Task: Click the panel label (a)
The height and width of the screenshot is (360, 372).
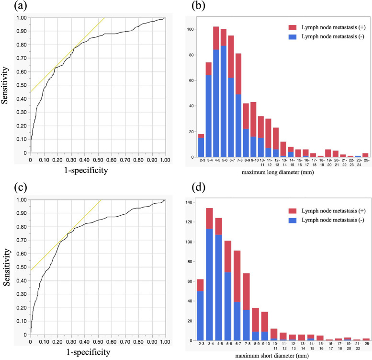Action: click(x=21, y=6)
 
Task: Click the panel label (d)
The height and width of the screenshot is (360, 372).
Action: click(x=198, y=187)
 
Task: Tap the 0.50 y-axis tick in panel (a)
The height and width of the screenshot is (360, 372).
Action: click(x=22, y=85)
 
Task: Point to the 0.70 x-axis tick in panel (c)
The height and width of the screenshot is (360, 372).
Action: click(x=125, y=342)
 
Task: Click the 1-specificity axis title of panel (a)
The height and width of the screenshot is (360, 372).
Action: click(x=86, y=170)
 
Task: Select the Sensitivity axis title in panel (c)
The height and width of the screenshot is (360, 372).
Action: click(x=7, y=267)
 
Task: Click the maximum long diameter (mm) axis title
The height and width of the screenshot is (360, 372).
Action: click(x=278, y=172)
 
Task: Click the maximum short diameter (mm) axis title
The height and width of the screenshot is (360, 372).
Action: click(x=272, y=356)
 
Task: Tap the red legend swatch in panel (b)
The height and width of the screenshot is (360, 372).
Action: click(x=293, y=27)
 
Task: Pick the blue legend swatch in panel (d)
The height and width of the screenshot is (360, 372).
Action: click(x=293, y=220)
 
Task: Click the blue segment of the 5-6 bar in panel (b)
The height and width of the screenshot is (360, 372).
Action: click(x=224, y=102)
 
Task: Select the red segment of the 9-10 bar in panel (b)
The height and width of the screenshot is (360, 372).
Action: click(x=253, y=119)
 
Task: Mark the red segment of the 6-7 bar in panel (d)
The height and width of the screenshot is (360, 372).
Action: click(x=237, y=276)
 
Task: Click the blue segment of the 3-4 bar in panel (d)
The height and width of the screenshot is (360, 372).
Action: click(x=209, y=284)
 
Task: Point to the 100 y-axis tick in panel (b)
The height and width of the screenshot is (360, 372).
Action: click(x=191, y=29)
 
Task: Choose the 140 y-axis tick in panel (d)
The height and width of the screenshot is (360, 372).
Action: click(x=191, y=202)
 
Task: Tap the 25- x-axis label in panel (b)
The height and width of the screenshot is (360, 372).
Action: click(x=367, y=160)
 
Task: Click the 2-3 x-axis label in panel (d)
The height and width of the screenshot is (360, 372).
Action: click(x=202, y=344)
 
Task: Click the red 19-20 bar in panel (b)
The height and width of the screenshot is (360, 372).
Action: click(x=328, y=153)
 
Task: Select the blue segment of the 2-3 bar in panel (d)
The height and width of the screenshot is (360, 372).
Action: click(x=200, y=316)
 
